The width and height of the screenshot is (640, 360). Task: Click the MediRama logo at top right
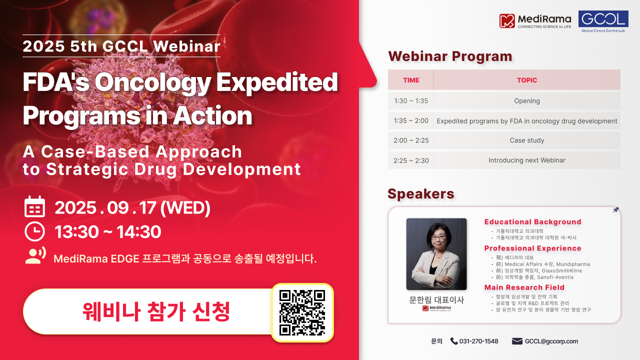[x=535, y=20]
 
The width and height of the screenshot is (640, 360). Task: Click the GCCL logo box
[x=603, y=21]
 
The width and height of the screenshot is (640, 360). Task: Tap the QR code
[x=302, y=312]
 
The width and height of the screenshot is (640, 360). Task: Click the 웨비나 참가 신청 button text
[x=156, y=311]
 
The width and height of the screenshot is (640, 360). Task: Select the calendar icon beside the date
[x=35, y=207]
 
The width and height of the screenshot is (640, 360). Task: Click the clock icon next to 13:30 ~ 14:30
[x=35, y=231]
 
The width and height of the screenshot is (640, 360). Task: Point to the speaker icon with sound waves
[x=35, y=255]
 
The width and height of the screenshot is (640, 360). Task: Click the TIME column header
[x=411, y=80]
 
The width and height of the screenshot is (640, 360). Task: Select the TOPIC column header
[x=527, y=80]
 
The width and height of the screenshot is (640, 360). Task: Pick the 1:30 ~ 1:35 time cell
[x=411, y=101]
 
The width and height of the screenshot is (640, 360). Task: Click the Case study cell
[x=527, y=140]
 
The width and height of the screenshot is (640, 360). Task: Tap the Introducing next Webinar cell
[x=527, y=160]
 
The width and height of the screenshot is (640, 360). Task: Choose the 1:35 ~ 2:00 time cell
[x=411, y=121]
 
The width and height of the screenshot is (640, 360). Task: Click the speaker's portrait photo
[x=436, y=254]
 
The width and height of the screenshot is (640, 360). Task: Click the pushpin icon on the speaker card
[x=615, y=210]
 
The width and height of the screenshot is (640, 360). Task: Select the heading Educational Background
[x=532, y=222]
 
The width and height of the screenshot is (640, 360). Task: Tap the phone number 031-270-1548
[x=478, y=341]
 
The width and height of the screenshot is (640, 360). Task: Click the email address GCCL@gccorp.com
[x=551, y=341]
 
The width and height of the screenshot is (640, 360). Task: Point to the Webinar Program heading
[x=450, y=56]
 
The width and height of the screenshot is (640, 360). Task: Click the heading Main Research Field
[x=524, y=287]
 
